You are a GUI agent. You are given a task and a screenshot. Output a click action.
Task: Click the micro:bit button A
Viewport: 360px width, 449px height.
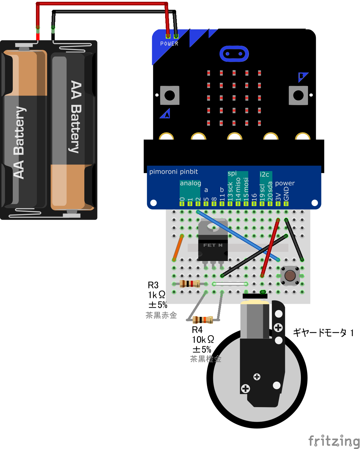tap(170, 95)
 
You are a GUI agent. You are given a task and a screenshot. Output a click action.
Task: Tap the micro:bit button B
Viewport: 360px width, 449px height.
tap(298, 95)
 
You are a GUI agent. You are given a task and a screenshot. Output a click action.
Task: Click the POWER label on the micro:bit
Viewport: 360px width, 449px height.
tap(169, 44)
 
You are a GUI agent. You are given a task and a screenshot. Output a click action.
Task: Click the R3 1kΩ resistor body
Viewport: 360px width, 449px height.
tap(190, 284)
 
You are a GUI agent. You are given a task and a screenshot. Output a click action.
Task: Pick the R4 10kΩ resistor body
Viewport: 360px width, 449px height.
tap(203, 320)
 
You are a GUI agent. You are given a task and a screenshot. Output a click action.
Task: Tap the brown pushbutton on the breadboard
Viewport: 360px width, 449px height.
tap(290, 276)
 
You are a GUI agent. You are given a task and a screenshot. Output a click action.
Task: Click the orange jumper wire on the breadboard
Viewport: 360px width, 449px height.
tap(178, 248)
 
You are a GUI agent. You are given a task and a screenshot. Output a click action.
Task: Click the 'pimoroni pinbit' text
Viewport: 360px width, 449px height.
tap(173, 172)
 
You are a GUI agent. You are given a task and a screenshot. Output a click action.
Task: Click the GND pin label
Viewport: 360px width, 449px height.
tap(286, 194)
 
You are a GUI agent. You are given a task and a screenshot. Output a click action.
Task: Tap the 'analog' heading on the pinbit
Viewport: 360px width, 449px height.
tap(190, 183)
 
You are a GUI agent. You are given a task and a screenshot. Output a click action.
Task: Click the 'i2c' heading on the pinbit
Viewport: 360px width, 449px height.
tap(264, 174)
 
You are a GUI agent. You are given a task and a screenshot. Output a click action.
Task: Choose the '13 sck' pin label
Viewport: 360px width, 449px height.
tap(230, 192)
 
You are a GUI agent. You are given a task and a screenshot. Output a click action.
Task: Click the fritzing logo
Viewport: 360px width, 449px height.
tap(334, 441)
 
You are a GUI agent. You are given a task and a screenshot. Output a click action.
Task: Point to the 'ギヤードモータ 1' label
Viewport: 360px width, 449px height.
tap(323, 333)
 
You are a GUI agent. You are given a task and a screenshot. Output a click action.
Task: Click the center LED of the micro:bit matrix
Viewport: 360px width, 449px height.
tap(234, 98)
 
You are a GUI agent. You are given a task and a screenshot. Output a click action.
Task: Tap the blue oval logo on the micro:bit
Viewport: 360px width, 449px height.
tap(234, 54)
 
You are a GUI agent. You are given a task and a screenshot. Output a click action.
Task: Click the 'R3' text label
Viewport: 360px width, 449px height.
tap(153, 285)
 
